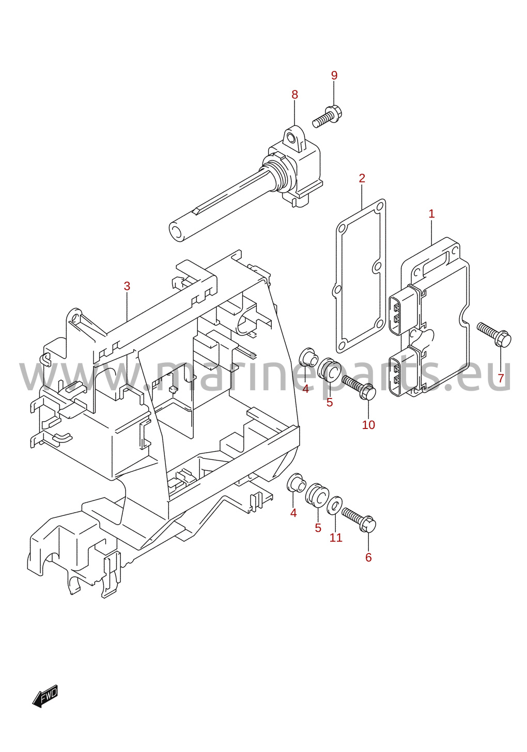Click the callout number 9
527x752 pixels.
[334, 75]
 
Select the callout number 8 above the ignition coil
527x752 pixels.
[295, 95]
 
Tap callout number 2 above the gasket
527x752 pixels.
[362, 178]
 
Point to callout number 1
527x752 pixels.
[431, 213]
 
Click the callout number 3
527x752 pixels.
[127, 286]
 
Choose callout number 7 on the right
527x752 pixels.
[501, 378]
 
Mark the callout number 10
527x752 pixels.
[368, 425]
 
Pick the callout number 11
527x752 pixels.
[336, 538]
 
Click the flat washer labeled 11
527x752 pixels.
[335, 505]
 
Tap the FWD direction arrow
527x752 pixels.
[45, 696]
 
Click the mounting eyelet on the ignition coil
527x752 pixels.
[294, 137]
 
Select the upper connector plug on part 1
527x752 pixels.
[404, 310]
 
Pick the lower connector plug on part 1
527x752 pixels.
[404, 371]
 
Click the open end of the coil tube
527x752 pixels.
[177, 232]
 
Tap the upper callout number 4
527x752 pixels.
[305, 389]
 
